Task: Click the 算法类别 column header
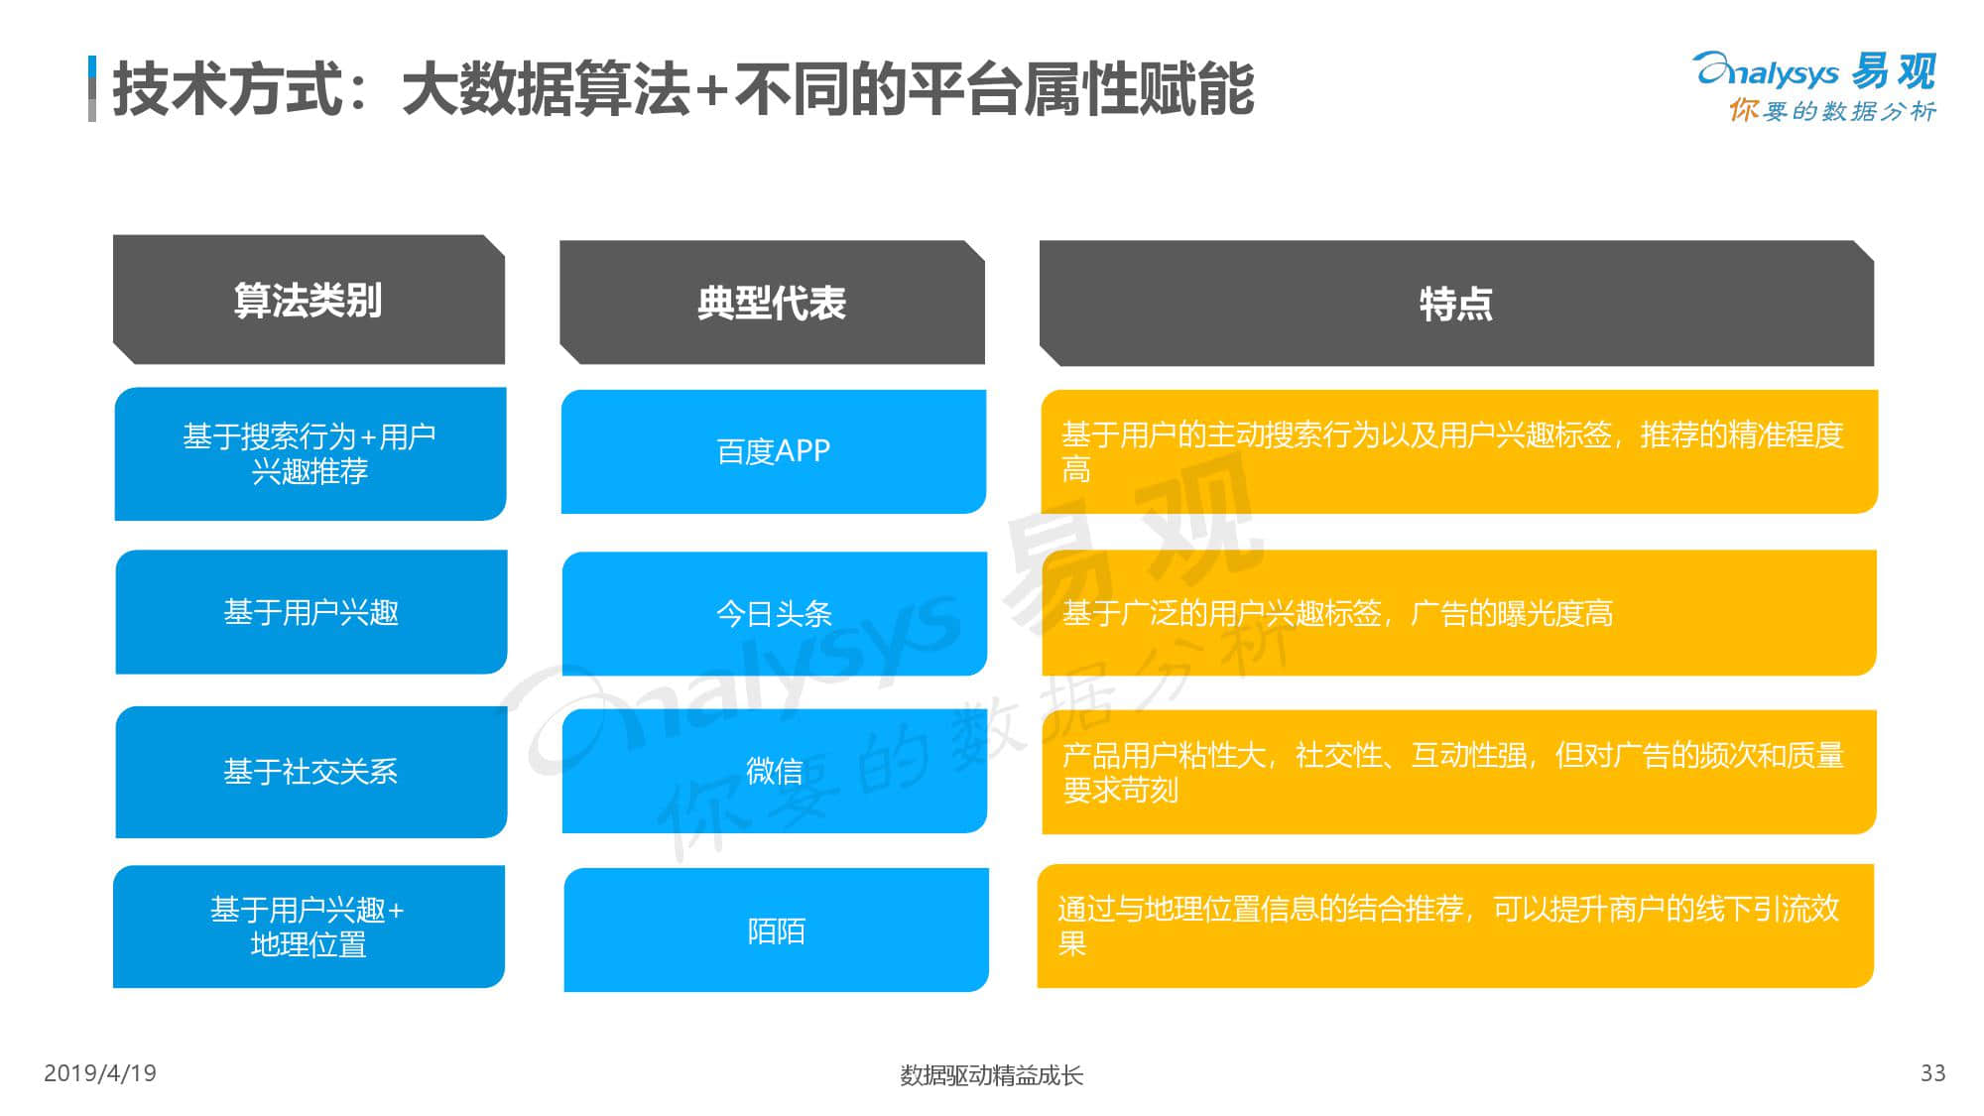309,300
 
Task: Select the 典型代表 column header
772,303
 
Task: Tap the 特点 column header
1456,303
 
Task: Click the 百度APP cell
774,451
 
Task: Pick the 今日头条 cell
774,613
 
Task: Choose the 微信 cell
774,771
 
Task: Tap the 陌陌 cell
776,930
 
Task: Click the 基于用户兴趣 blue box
310,612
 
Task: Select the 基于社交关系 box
310,772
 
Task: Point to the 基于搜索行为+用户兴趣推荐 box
310,453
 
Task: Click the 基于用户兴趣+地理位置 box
309,927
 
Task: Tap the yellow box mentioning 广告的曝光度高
1458,613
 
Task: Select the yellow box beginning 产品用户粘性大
1458,772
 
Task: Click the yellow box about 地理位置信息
1455,926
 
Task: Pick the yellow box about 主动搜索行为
1459,451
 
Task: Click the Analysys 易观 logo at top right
1815,86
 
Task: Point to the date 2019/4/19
100,1073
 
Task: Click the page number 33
1933,1073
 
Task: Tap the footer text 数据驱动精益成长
991,1075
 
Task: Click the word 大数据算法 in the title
547,89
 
